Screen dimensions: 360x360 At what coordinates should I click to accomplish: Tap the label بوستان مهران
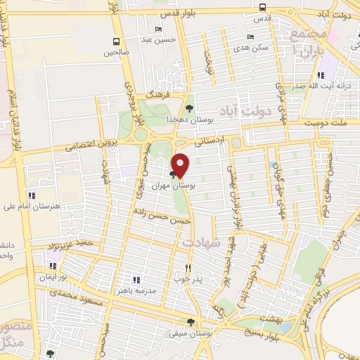(x=192, y=186)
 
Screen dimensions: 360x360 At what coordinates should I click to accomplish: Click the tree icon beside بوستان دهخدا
(x=189, y=108)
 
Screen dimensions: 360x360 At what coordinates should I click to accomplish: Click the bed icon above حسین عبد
(x=159, y=29)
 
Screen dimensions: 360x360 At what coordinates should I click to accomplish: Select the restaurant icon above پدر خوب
(x=188, y=268)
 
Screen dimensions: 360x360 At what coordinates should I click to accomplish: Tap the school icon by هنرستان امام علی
(x=31, y=195)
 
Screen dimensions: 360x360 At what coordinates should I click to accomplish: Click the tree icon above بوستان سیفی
(x=200, y=323)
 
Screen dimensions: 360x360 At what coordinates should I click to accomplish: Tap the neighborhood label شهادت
(x=202, y=242)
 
